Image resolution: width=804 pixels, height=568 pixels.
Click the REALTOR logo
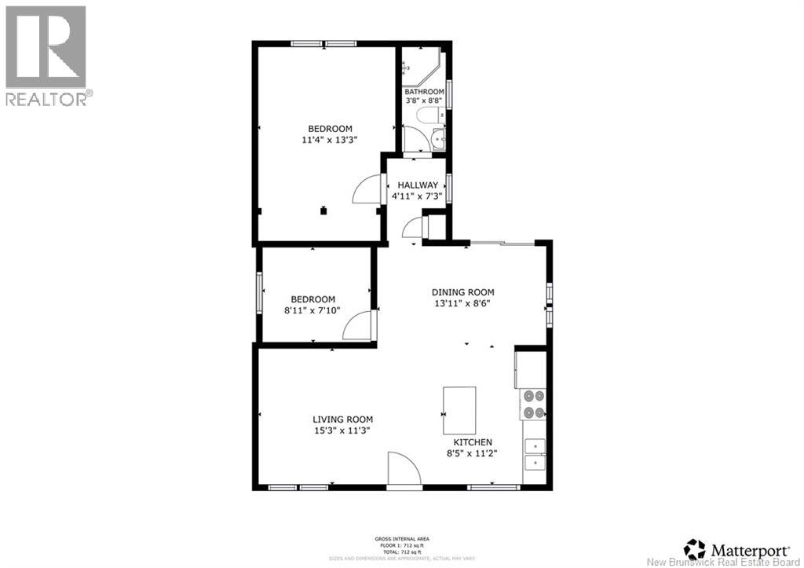[46, 55]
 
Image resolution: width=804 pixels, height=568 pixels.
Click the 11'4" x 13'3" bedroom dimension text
[330, 141]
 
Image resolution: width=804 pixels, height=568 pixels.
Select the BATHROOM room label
[424, 91]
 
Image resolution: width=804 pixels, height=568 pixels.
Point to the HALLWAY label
[418, 185]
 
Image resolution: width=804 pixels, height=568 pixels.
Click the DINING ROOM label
[464, 292]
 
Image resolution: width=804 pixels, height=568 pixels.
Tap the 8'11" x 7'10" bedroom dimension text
[312, 311]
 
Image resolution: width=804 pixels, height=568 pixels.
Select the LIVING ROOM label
[342, 420]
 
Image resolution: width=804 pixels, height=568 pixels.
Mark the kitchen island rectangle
[459, 409]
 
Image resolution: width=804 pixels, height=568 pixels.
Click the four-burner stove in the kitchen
[534, 405]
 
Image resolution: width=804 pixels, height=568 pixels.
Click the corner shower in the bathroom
[424, 67]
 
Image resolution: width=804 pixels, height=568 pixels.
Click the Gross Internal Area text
[402, 539]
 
